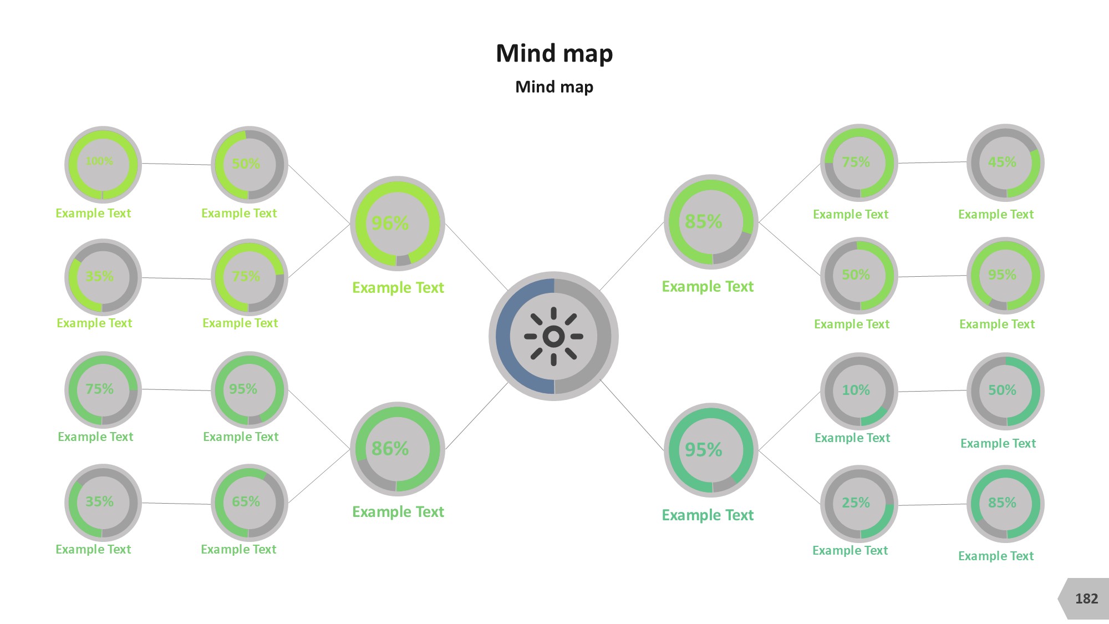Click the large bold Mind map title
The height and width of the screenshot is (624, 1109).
[554, 54]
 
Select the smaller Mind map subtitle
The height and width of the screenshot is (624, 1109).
[554, 87]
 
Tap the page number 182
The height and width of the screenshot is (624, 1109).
[1086, 599]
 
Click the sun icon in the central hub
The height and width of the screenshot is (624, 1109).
[553, 336]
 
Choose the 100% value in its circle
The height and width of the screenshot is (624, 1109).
[99, 161]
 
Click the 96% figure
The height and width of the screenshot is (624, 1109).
[390, 224]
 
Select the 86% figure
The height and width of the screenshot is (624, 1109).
[390, 449]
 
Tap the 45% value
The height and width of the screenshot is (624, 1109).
[1002, 163]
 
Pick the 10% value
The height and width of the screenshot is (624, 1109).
[856, 390]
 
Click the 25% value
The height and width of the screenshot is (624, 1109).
[856, 503]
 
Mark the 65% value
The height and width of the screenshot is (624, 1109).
[246, 502]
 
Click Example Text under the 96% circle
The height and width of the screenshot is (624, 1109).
[398, 288]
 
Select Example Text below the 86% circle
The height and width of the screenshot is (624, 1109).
[398, 512]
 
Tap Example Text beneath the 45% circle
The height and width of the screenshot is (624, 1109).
[996, 215]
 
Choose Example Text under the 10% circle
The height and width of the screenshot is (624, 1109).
[852, 438]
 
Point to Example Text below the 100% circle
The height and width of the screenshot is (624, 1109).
[93, 214]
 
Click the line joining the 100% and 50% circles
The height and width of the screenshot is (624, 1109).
[176, 164]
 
